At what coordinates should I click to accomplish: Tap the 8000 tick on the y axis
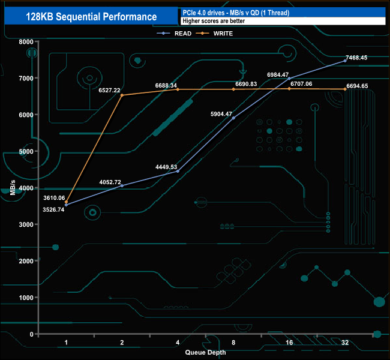pos(25,42)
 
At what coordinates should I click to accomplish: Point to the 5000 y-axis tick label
pos(25,152)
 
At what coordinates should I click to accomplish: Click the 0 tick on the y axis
pos(32,334)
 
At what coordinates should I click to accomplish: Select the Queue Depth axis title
pos(205,352)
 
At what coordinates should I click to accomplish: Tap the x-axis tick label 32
pos(345,343)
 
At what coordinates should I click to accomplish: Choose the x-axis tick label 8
pos(233,343)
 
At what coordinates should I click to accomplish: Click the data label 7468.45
pos(360,58)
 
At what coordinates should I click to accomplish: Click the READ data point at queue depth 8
pos(233,118)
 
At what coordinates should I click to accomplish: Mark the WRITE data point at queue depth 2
pos(122,95)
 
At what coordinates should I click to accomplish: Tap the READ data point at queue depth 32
pos(345,61)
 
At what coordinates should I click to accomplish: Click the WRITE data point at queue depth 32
pos(345,89)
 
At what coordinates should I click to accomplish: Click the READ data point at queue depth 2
pos(122,186)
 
